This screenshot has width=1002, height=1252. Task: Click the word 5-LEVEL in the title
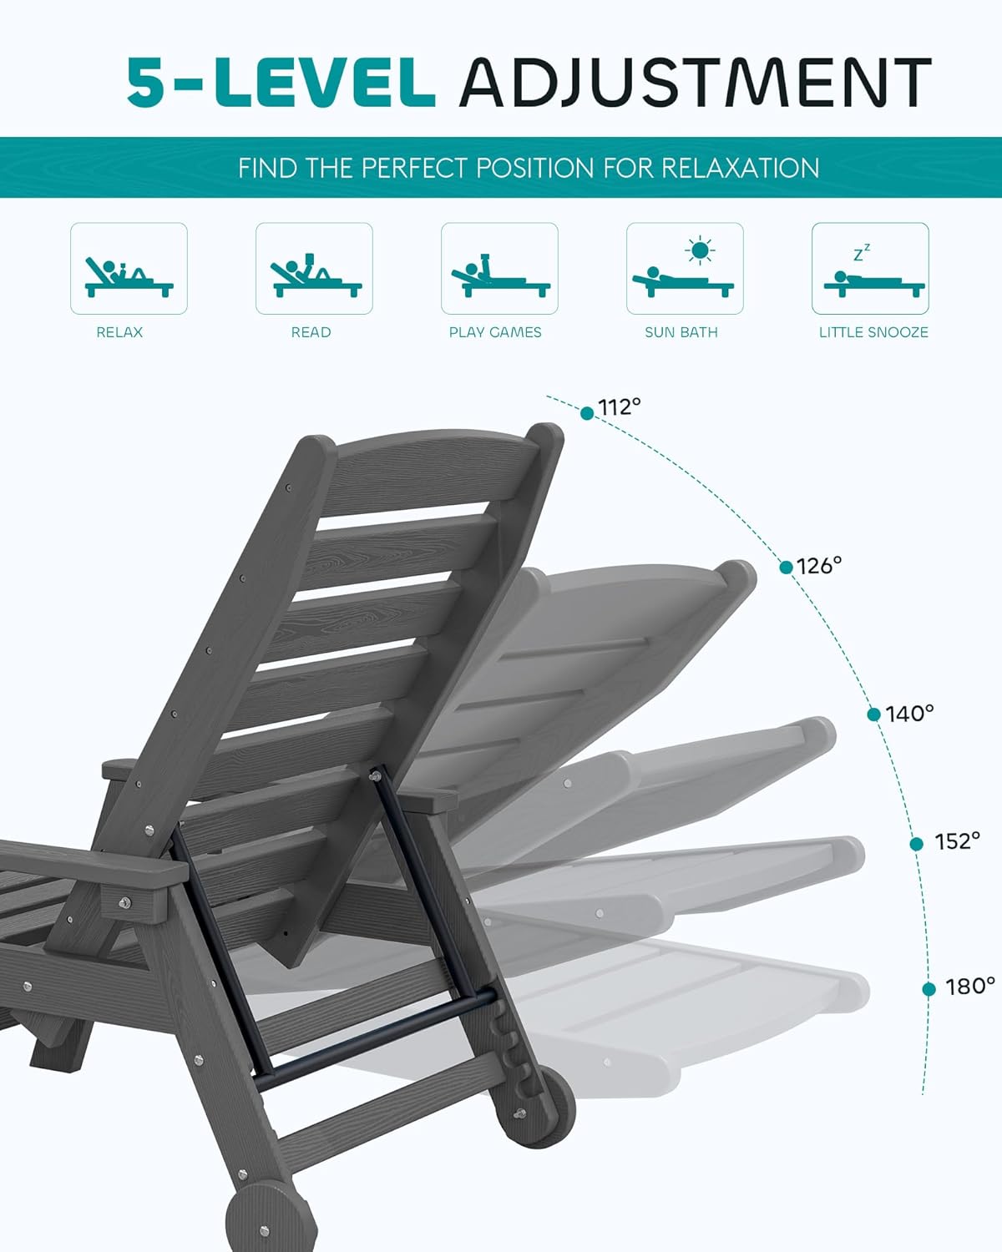(281, 83)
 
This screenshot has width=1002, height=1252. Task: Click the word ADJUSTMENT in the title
(695, 83)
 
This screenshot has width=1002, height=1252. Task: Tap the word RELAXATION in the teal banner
(740, 168)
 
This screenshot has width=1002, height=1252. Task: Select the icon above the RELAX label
(129, 269)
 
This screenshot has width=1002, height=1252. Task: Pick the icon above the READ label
(314, 269)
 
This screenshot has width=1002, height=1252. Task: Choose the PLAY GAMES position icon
(499, 269)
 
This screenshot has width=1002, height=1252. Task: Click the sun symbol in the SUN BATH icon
(700, 250)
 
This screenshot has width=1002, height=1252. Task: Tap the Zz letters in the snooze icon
(862, 252)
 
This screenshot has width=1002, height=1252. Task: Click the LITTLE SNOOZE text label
(873, 332)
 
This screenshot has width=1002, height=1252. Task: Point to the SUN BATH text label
(681, 332)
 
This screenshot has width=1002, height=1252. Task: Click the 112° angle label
(620, 407)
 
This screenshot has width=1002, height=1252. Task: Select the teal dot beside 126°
(786, 568)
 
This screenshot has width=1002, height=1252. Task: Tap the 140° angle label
(909, 714)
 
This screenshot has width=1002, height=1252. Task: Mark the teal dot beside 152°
(916, 844)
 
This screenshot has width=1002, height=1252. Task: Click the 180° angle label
(970, 987)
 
